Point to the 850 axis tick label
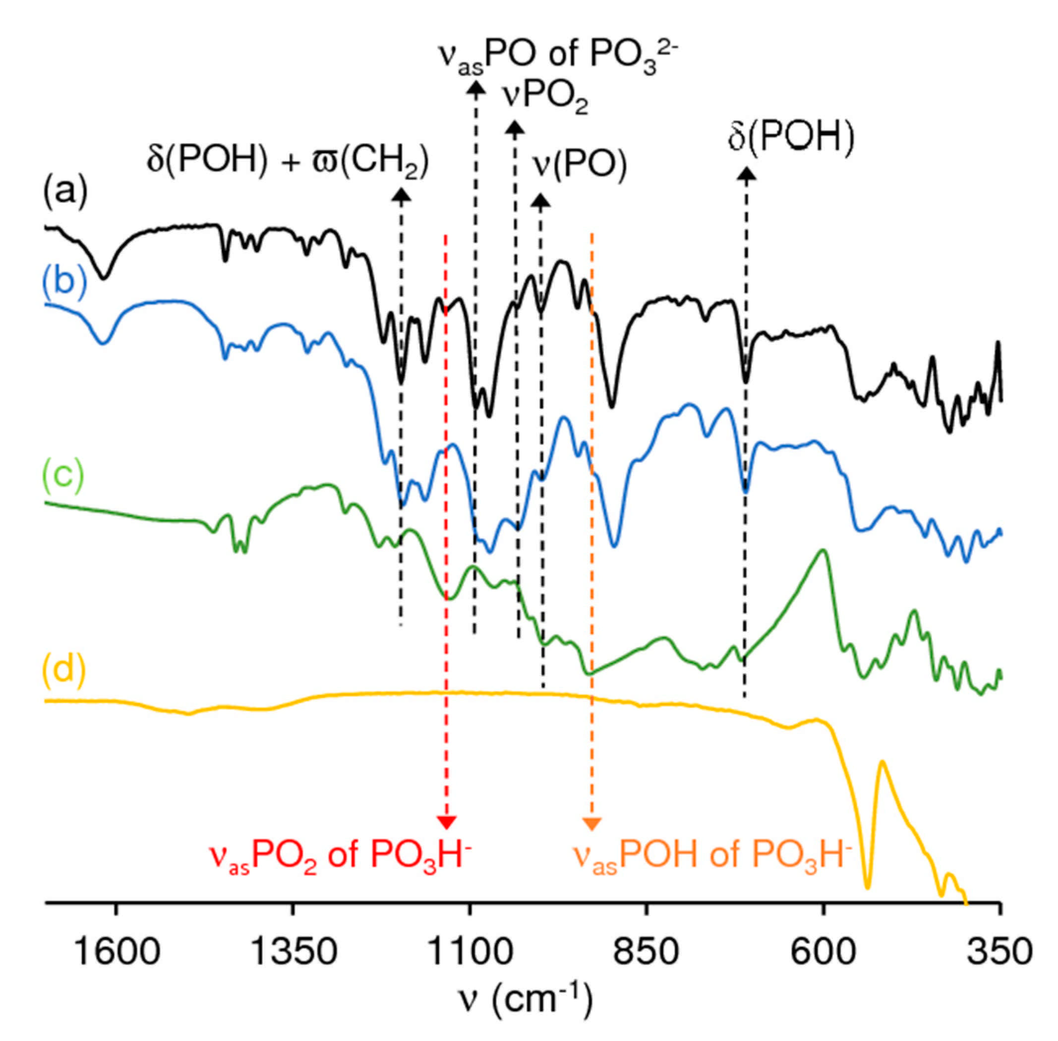(x=646, y=951)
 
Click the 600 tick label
(x=823, y=951)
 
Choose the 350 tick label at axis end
(x=999, y=951)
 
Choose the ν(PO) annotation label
(x=579, y=163)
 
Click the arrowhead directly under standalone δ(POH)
(x=747, y=174)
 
